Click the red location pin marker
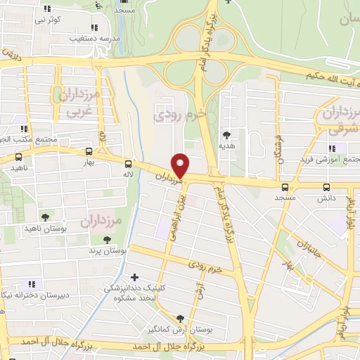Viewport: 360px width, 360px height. (181, 165)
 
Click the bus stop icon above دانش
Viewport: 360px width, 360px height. (326, 187)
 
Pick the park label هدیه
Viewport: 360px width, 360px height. (226, 146)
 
